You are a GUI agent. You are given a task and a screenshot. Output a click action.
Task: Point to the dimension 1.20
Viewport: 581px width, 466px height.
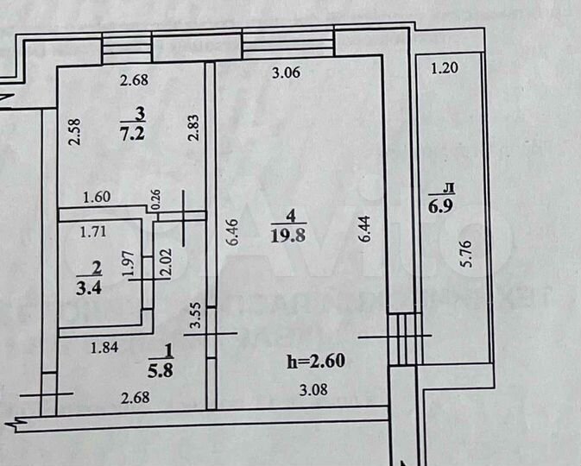(444, 67)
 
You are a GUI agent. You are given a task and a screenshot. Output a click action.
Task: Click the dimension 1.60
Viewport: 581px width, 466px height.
(96, 197)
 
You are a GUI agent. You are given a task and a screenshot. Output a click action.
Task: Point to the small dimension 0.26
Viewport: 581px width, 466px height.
(155, 199)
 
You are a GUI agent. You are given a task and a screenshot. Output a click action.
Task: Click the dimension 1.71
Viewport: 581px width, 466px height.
(92, 230)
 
